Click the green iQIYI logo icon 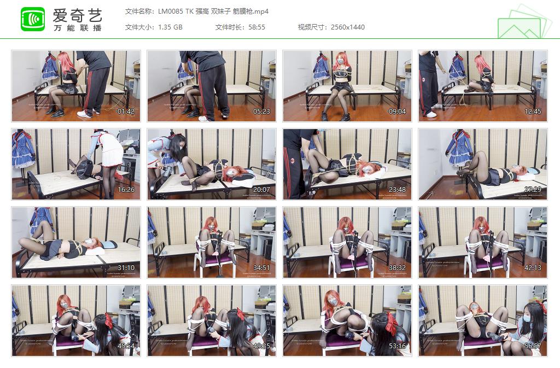33,19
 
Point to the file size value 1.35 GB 170,27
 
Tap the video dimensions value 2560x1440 348,27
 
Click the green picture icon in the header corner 524,22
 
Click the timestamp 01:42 126,112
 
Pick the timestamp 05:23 262,112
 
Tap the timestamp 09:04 398,112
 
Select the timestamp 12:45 533,112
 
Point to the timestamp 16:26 126,190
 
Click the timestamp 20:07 262,190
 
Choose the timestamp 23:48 398,190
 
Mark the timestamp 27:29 533,190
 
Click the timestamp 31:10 126,268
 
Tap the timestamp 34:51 262,268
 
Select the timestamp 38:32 398,268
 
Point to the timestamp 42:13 533,268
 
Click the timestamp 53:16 398,346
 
